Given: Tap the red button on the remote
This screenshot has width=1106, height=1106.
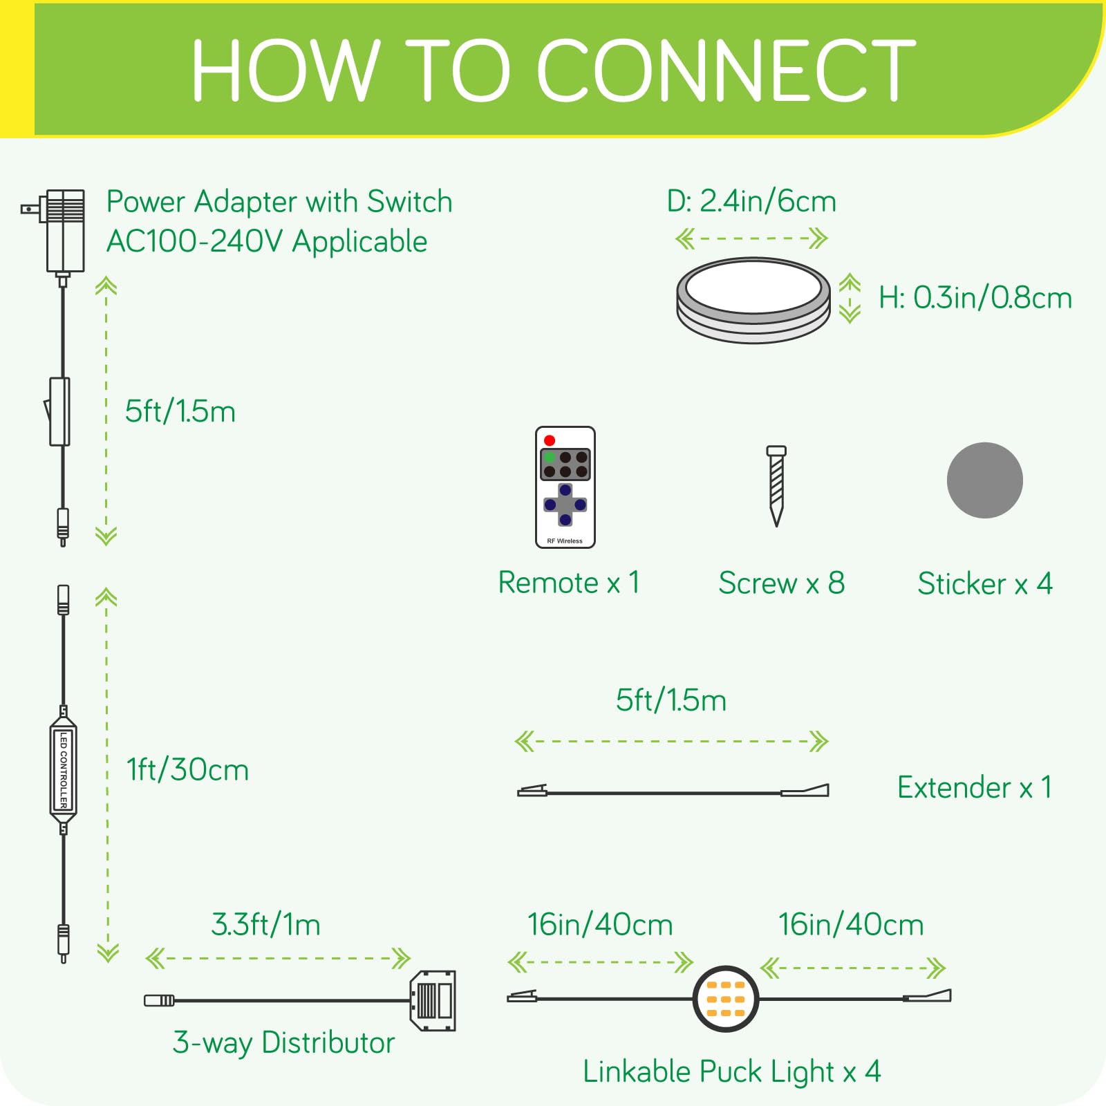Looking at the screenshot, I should (550, 440).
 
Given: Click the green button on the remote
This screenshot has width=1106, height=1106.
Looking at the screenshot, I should (550, 457).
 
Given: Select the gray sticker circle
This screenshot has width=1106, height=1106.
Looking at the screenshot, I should (984, 480).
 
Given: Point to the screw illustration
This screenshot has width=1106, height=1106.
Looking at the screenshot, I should (776, 485).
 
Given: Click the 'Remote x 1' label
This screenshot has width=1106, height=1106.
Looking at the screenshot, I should (568, 583).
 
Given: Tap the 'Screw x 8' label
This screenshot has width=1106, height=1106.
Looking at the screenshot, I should (781, 583).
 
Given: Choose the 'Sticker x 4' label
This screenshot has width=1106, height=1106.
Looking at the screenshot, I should (984, 584).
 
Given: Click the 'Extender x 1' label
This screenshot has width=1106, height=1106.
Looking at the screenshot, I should (974, 787).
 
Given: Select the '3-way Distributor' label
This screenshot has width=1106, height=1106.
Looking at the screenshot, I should (283, 1042).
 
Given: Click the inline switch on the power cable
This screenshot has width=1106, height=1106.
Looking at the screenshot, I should (59, 411).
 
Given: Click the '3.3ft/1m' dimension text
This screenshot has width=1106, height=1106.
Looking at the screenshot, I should (265, 925).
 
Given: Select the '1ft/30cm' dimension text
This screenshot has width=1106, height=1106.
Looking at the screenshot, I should (187, 770).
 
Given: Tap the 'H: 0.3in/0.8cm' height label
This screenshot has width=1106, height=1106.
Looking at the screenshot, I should (975, 298).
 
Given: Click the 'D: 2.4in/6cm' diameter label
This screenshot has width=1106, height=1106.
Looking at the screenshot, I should (751, 201).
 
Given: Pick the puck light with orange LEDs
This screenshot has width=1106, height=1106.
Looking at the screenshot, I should (726, 999).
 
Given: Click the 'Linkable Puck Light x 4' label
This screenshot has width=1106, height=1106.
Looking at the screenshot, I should (731, 1072).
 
